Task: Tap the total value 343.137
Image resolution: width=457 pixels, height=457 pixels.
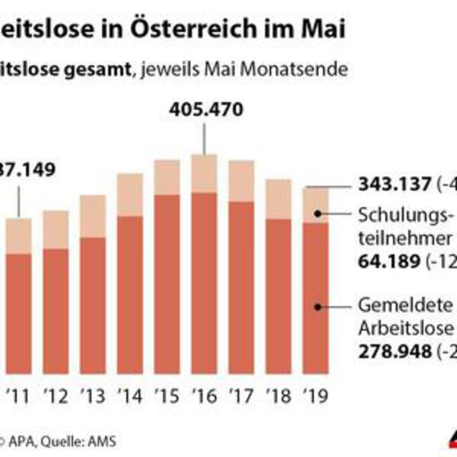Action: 393,184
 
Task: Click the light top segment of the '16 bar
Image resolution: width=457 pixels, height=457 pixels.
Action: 203,174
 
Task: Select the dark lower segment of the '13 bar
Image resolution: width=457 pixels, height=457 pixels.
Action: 94,305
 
